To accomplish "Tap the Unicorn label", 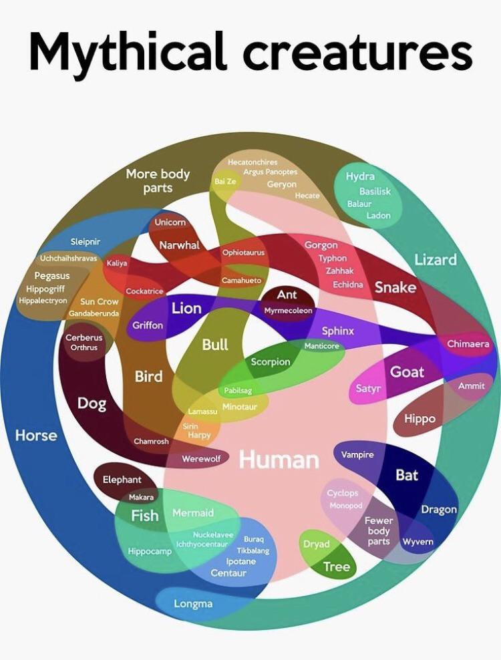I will [x=170, y=222].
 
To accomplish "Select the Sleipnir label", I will [x=86, y=241].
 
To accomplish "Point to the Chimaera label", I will [x=468, y=344].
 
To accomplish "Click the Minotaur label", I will [x=239, y=407].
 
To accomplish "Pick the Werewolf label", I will [x=201, y=459].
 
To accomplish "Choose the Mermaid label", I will [x=193, y=512].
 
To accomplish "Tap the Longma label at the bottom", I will [x=193, y=603].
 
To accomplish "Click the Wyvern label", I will [x=417, y=541].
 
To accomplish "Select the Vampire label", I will [x=357, y=454].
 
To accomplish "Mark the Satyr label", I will [x=367, y=388].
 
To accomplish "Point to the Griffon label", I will [x=148, y=325].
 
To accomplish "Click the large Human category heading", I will [x=279, y=460].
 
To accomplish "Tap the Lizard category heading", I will [x=436, y=259].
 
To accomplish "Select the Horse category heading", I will [x=36, y=436].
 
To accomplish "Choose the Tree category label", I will [x=336, y=567].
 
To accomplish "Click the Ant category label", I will [x=287, y=295].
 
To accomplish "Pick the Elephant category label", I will [x=122, y=480].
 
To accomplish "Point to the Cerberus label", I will [x=83, y=338].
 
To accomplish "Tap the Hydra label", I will [x=360, y=176].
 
